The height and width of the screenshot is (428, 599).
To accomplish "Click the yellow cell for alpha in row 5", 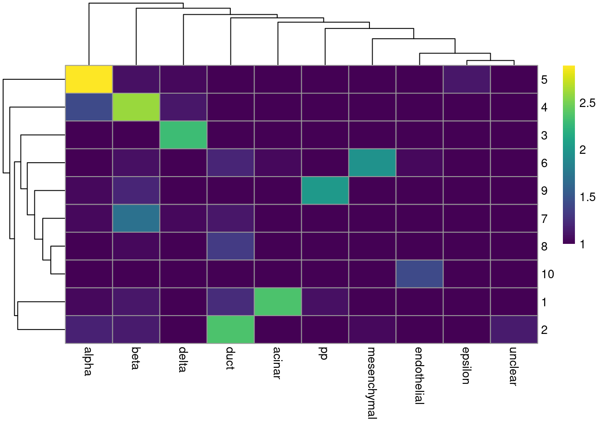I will tap(89, 79).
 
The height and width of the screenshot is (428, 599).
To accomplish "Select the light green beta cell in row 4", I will tap(136, 107).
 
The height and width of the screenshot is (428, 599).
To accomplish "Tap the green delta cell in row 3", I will tap(183, 135).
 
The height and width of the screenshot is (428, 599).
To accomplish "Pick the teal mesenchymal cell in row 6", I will tap(372, 163).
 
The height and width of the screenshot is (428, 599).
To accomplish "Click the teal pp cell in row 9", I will tap(325, 190).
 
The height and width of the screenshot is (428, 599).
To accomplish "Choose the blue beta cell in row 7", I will tap(136, 218).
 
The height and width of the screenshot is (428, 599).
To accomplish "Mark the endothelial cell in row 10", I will tap(419, 274).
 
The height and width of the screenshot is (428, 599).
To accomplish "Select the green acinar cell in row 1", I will tap(278, 302).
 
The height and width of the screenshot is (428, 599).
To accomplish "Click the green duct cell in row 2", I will tap(230, 329).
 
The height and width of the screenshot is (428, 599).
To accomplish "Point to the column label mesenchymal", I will tap(372, 383).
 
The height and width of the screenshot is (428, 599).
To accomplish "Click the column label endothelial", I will tap(419, 375).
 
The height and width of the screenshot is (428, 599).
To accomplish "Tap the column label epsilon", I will tap(466, 366).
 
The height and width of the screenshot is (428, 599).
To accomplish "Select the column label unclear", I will tap(513, 366).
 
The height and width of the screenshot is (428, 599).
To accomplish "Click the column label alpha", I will tap(88, 361).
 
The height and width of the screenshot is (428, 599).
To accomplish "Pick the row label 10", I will tap(548, 274).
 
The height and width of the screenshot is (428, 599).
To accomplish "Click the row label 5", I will tap(544, 80).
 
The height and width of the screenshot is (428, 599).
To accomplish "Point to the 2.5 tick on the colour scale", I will tap(587, 103).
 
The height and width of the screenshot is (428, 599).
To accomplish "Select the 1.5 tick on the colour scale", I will tap(587, 197).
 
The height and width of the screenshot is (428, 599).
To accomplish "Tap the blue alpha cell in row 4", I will tap(89, 107).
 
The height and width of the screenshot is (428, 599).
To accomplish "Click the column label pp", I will tap(324, 354).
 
